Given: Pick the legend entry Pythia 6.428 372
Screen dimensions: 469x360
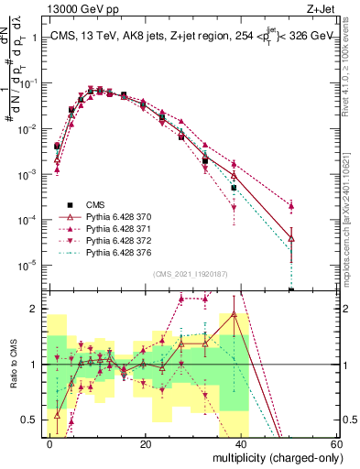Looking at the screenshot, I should point(105,238).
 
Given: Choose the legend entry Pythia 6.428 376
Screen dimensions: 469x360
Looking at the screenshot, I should point(105,250).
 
